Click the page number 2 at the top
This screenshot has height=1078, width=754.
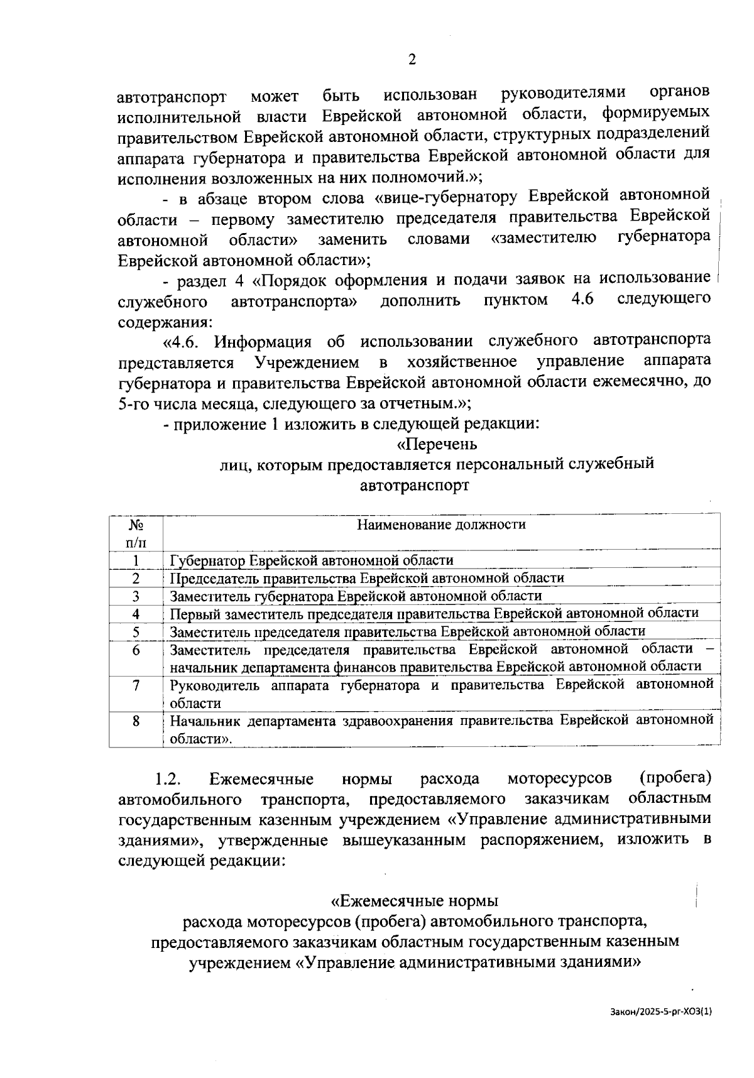click(x=412, y=60)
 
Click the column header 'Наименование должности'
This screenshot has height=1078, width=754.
click(x=441, y=524)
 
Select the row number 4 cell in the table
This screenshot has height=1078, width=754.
click(x=136, y=614)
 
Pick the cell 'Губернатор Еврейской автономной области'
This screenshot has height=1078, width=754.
click(x=312, y=560)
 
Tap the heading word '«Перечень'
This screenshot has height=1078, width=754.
click(x=437, y=444)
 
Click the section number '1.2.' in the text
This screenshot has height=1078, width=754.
click(x=168, y=780)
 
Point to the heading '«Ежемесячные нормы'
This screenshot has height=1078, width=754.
click(x=414, y=901)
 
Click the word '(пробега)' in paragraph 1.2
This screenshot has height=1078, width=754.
click(x=675, y=779)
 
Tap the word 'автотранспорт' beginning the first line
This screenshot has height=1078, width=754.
click(x=172, y=97)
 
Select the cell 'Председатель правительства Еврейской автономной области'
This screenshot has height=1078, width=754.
click(x=367, y=578)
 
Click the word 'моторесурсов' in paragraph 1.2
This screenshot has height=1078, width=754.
click(x=559, y=780)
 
